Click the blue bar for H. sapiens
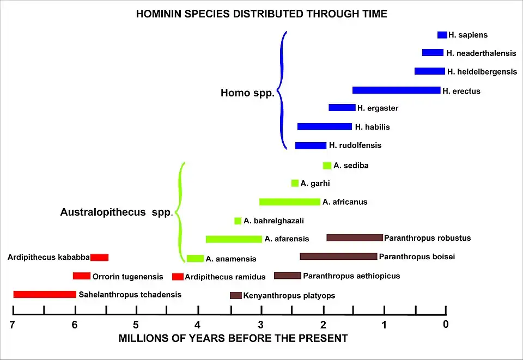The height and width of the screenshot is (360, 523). (442, 35)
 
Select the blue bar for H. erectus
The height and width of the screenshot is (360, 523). (396, 90)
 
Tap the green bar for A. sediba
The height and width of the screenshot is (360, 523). (327, 166)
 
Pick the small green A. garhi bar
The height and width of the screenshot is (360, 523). (295, 184)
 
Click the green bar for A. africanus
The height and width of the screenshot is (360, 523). (289, 202)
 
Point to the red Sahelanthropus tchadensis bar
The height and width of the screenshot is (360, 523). (45, 295)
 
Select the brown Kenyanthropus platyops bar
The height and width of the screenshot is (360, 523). (235, 296)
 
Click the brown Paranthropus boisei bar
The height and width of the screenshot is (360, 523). (338, 257)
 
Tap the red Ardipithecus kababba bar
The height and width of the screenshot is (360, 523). (99, 257)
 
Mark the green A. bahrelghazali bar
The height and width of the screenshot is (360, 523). (238, 221)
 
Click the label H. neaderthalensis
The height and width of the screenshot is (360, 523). (481, 53)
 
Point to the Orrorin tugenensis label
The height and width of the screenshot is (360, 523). (127, 277)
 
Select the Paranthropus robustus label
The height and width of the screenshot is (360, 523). (427, 238)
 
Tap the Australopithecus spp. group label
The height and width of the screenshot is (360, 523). (116, 212)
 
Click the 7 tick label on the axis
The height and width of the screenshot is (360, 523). (13, 325)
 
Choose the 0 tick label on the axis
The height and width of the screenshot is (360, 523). (446, 325)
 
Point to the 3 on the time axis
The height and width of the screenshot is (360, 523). (261, 325)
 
